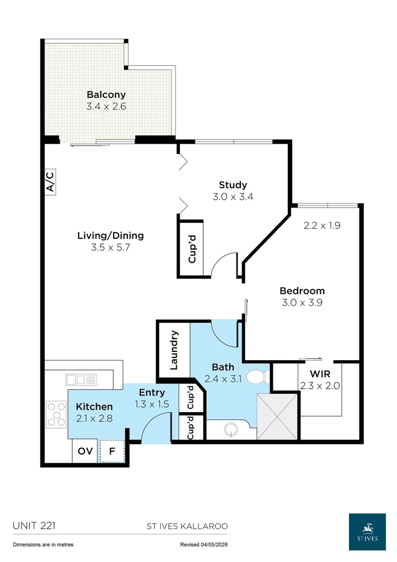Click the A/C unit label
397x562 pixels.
50,182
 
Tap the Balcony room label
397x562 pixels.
107,95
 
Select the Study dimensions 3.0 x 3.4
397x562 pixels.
233,196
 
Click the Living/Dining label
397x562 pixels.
111,236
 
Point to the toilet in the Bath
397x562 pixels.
258,377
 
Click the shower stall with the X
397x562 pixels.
277,416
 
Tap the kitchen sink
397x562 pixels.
81,379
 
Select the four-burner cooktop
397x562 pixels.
57,414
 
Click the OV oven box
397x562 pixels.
85,451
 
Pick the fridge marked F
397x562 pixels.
112,451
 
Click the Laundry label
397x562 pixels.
174,350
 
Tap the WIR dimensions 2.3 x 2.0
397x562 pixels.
320,386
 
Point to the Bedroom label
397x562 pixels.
302,291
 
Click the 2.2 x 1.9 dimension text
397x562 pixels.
322,225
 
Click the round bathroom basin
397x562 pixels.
231,429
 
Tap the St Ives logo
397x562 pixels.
367,532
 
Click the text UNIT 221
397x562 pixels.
34,526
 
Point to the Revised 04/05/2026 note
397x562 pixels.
204,544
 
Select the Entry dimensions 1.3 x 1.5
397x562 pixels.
152,404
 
